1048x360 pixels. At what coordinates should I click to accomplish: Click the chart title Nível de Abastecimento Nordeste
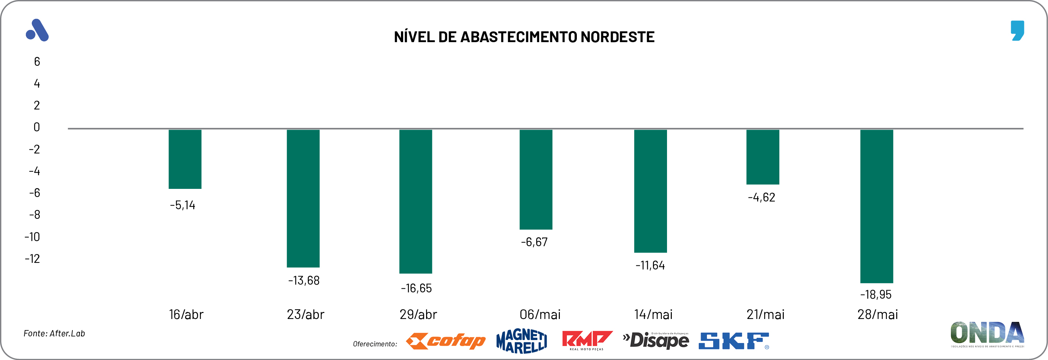point(524,37)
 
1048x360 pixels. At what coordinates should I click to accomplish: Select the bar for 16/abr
point(185,159)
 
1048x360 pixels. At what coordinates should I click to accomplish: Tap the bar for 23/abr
point(303,198)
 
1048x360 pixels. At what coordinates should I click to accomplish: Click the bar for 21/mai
point(762,157)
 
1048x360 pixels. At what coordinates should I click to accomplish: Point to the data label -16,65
point(416,288)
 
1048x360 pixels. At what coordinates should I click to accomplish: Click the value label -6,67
point(534,242)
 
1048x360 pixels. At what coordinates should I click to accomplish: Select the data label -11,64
point(650,266)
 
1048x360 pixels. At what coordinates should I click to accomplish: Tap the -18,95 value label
point(875,295)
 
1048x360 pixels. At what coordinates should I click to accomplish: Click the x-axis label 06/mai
point(540,315)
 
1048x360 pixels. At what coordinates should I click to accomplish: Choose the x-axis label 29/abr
point(418,315)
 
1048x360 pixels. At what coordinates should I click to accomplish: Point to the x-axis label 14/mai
point(653,315)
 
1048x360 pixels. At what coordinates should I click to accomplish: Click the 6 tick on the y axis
point(37,62)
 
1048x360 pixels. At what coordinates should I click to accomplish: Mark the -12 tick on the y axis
point(33,259)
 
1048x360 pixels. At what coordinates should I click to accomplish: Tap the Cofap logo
point(446,341)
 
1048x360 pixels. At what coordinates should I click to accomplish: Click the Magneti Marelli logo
point(521,341)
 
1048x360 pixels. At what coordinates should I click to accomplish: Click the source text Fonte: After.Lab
point(54,333)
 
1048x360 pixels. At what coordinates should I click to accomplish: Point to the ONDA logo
point(987,334)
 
